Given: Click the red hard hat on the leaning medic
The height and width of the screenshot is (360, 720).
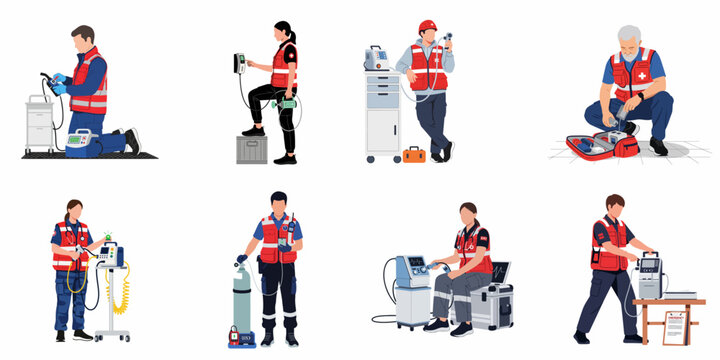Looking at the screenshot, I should (428, 26).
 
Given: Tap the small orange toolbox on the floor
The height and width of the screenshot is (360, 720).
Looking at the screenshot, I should (414, 154).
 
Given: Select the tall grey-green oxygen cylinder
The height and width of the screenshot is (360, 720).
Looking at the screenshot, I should (243, 301).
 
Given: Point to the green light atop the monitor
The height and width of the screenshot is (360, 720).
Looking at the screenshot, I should (107, 237).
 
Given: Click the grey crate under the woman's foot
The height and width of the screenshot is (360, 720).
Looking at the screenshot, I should (250, 149).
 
